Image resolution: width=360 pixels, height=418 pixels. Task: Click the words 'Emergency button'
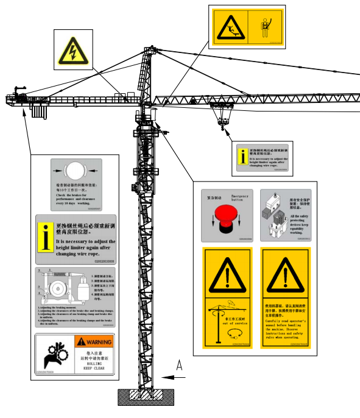241,197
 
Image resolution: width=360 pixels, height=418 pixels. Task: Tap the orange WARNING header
94,342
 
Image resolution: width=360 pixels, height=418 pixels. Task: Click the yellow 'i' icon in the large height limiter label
45,238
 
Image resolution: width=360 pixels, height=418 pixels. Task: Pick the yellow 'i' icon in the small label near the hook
242,157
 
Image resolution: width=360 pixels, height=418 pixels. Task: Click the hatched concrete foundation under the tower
146,397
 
